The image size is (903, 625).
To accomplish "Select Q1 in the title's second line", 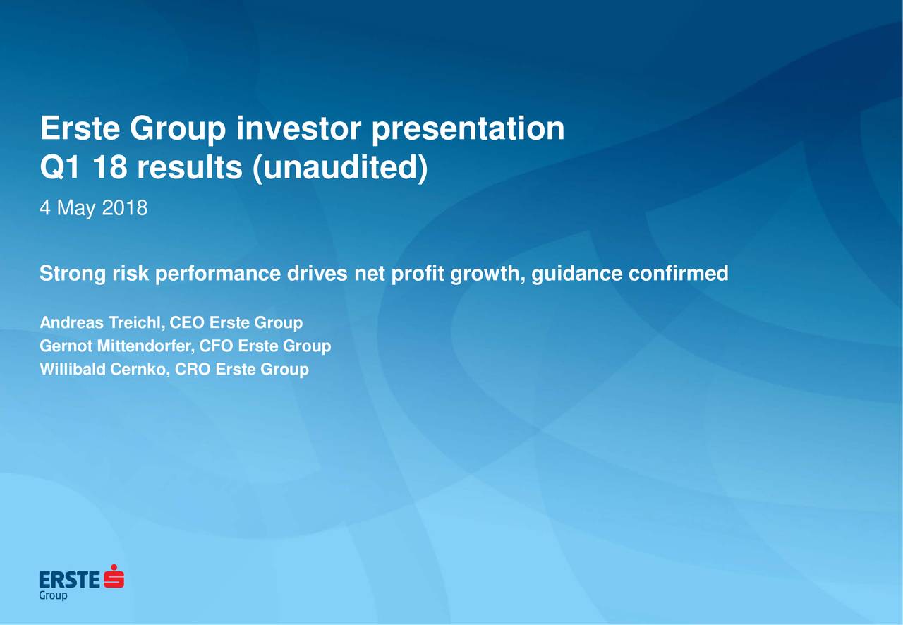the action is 60,167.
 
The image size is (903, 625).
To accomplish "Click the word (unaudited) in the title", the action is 340,168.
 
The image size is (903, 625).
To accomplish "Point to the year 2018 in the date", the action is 125,208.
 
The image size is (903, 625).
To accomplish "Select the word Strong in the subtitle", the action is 73,274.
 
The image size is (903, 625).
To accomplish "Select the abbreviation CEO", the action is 187,322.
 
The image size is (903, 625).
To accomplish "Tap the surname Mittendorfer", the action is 145,346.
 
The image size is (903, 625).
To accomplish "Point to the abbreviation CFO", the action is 216,346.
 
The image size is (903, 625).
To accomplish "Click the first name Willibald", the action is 73,370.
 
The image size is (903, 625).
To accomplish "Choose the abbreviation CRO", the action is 193,370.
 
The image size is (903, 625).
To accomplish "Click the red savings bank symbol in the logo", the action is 114,576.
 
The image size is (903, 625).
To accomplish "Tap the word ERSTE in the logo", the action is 69,580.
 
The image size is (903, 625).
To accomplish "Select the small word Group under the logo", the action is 53,595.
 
